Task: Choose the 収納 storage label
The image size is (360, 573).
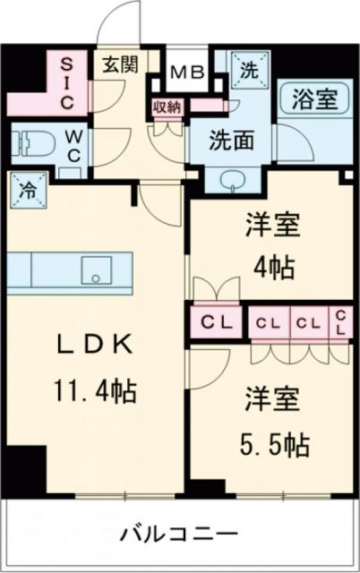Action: pyautogui.click(x=167, y=106)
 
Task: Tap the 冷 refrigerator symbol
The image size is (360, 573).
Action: pyautogui.click(x=27, y=190)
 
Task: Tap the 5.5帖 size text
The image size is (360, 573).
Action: pyautogui.click(x=274, y=443)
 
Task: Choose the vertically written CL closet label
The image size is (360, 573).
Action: pyautogui.click(x=340, y=323)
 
